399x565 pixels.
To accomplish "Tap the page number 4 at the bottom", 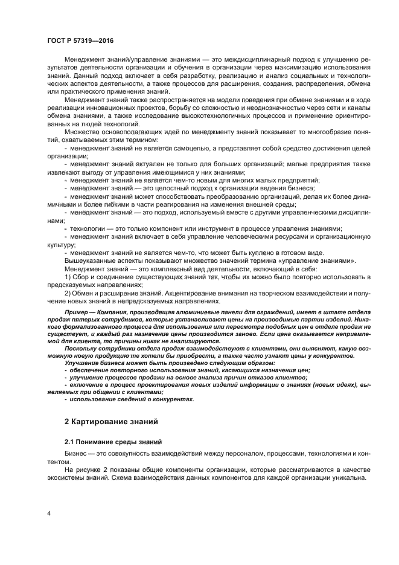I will (x=49, y=513).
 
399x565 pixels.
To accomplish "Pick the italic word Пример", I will (x=79, y=313).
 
